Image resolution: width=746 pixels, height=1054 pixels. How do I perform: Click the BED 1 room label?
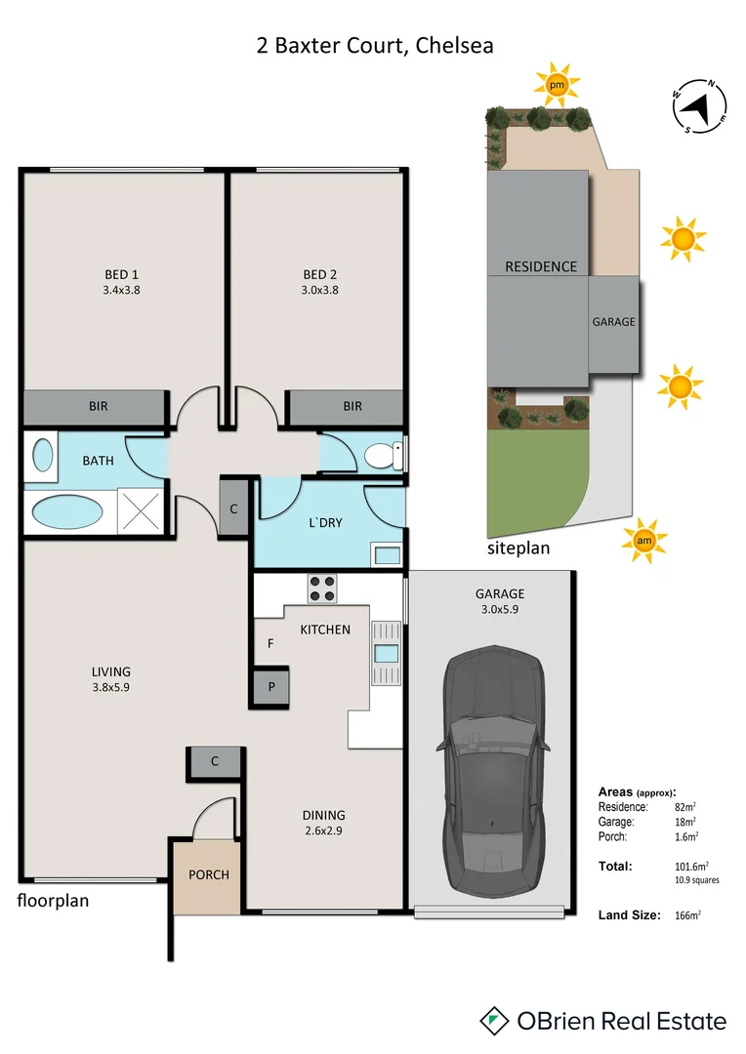(x=122, y=273)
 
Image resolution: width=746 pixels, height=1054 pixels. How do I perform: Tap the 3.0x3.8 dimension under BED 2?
(x=320, y=289)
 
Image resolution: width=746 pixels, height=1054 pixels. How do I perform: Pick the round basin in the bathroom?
(x=44, y=455)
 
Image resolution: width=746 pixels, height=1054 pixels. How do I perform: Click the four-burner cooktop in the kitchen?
(x=323, y=588)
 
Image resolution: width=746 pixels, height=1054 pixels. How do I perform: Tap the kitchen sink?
(x=387, y=654)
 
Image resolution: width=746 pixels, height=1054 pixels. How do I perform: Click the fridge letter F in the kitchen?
(x=270, y=644)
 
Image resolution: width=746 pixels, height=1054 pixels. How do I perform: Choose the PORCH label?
(x=209, y=874)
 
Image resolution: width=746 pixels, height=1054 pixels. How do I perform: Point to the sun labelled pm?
(x=557, y=87)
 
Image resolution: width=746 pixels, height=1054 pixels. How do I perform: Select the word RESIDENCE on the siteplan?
(x=540, y=266)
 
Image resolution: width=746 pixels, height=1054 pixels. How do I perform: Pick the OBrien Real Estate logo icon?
(x=497, y=1022)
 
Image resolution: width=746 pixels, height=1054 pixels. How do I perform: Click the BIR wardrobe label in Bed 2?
(x=352, y=406)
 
